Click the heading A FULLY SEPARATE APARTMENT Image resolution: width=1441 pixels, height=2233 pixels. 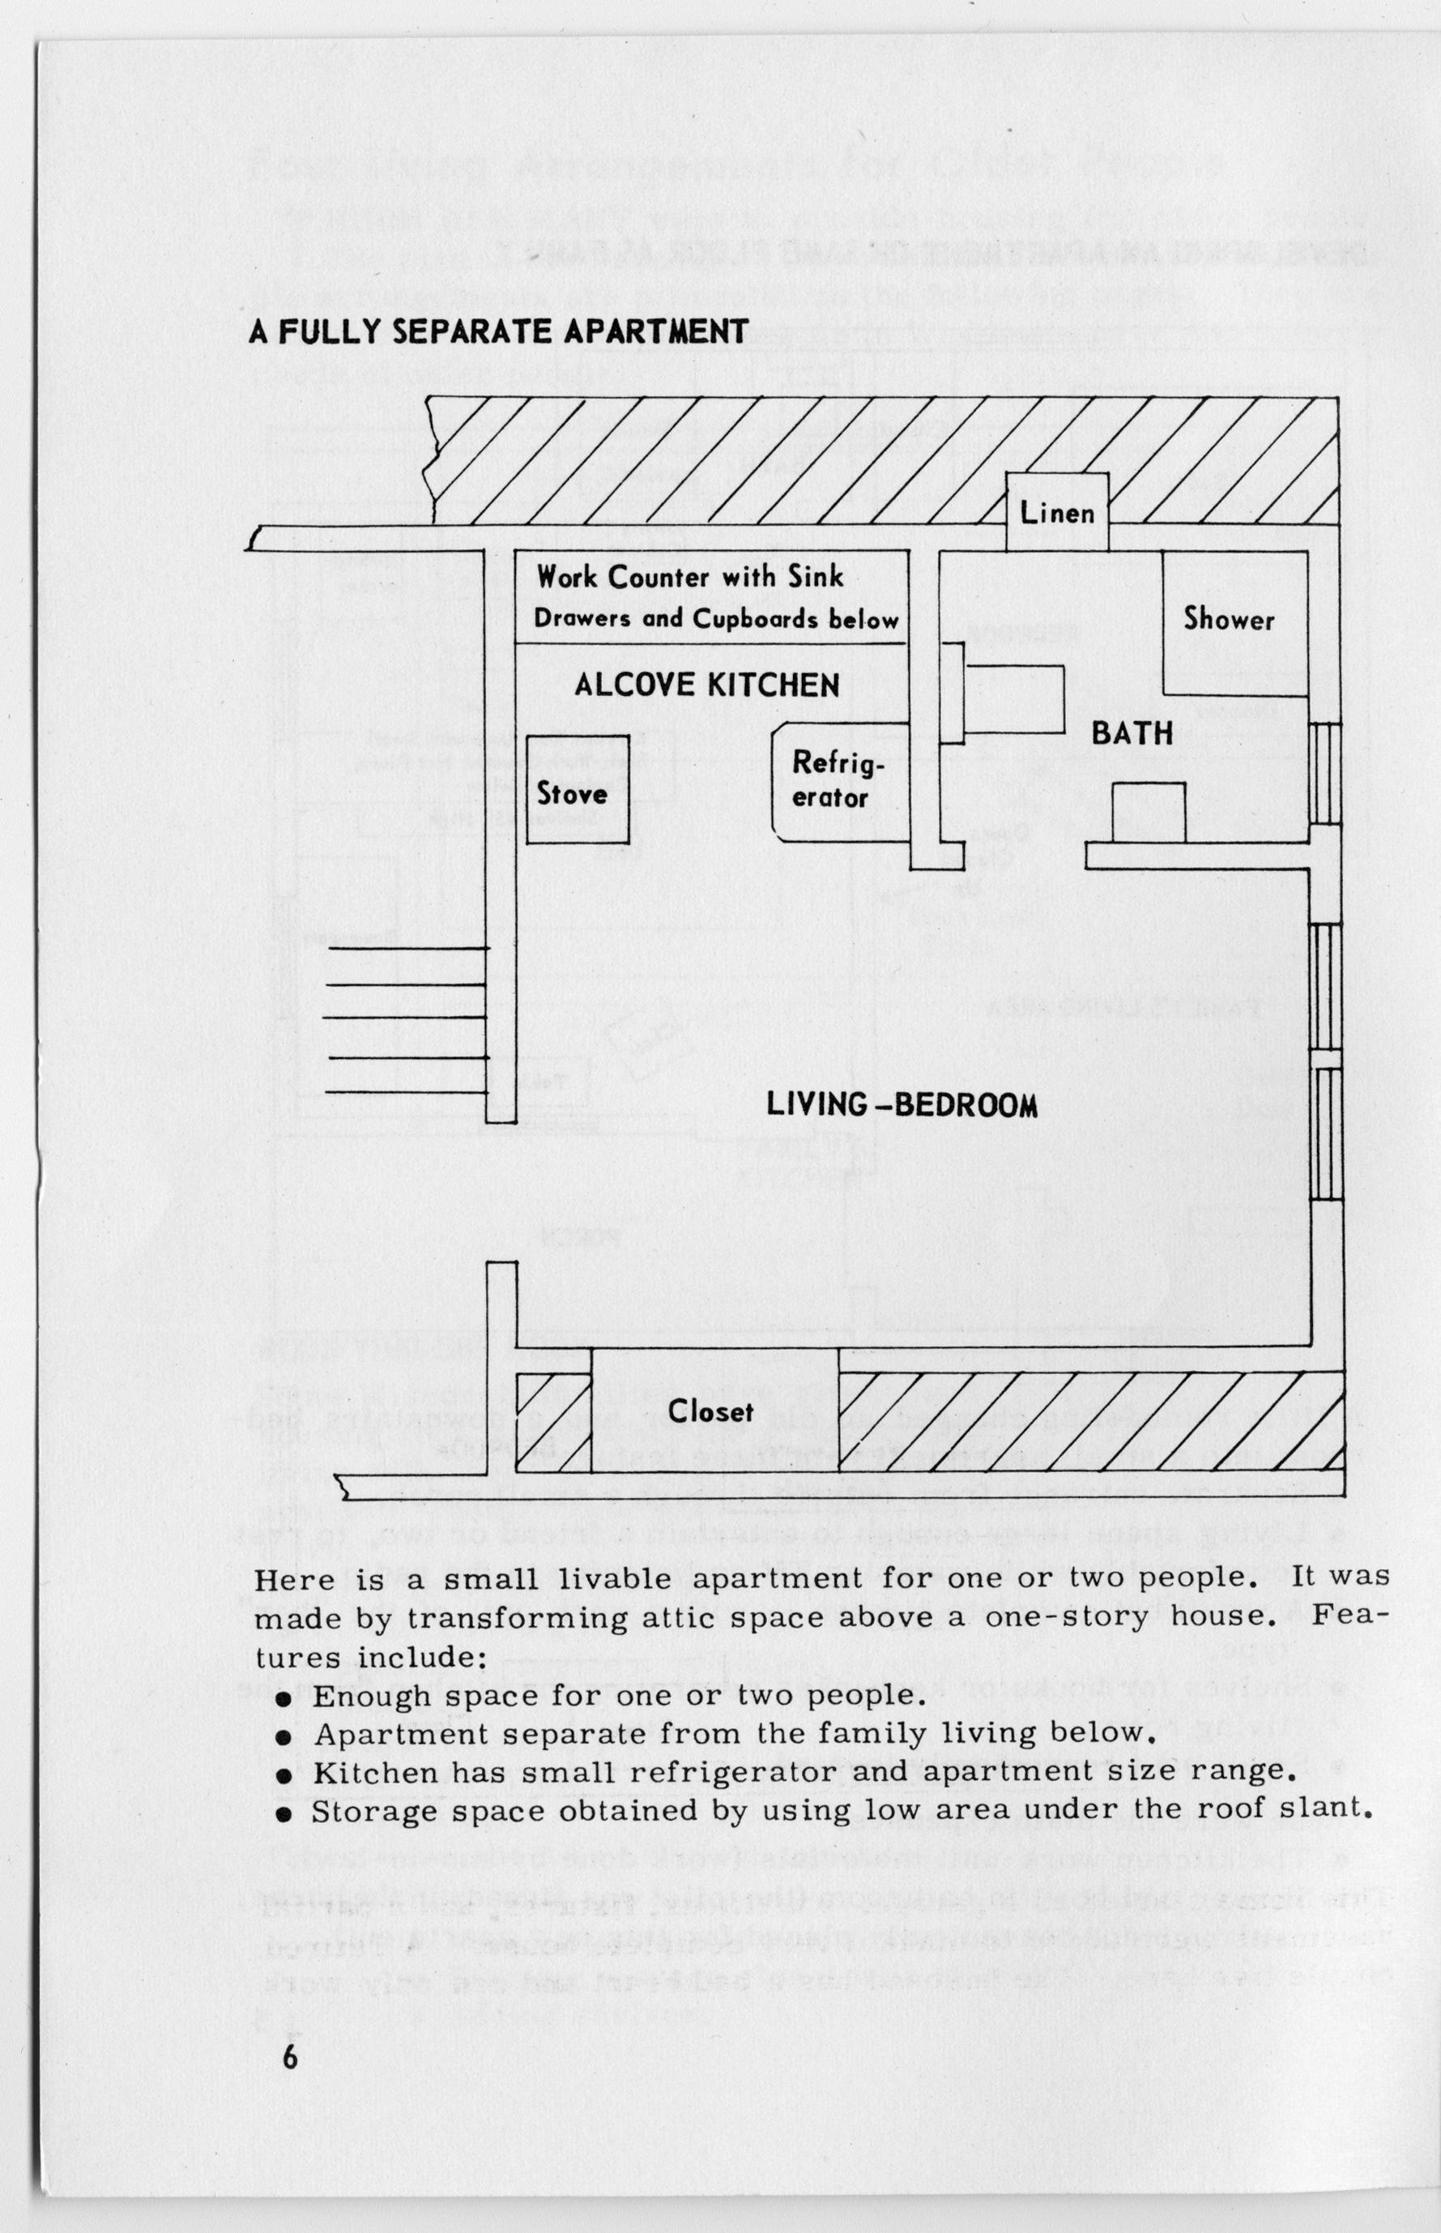pos(498,331)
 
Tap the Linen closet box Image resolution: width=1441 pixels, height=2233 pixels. pos(1056,513)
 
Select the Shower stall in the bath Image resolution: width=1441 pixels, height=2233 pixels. pos(1229,620)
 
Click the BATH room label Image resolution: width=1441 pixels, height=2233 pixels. pos(1132,734)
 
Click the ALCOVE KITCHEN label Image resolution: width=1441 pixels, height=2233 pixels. pos(706,686)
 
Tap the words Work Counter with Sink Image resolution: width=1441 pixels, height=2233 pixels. pos(689,578)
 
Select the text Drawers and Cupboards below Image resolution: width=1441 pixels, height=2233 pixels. pos(716,620)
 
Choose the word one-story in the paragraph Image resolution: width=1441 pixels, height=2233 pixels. pos(1074,1617)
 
